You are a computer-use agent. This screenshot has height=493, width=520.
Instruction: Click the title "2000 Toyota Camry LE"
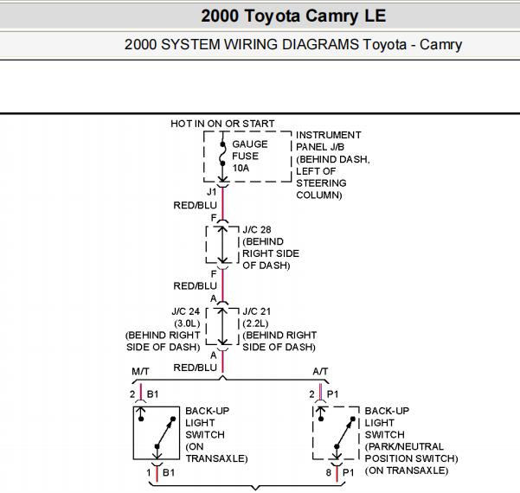[293, 16]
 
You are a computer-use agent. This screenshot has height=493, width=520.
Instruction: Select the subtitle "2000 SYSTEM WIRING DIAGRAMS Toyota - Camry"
[293, 44]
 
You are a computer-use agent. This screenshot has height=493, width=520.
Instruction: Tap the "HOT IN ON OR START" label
[222, 124]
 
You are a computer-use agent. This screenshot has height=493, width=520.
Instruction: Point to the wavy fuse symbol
[222, 154]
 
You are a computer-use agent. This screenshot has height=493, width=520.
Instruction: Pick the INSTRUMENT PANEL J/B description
[332, 165]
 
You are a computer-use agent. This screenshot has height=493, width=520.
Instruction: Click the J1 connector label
[212, 192]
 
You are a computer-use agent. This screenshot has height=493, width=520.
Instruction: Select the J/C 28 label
[257, 229]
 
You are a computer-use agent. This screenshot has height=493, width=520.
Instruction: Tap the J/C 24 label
[186, 311]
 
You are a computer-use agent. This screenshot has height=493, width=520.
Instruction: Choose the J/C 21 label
[257, 311]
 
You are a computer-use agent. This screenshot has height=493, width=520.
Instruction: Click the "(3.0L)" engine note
[187, 323]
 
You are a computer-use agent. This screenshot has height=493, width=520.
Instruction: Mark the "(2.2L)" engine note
[255, 323]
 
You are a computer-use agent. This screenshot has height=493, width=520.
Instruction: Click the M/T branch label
[140, 371]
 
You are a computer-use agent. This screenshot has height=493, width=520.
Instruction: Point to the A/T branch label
[320, 371]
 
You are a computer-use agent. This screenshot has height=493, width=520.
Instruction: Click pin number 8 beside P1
[328, 472]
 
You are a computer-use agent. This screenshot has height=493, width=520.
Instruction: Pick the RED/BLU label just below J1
[195, 205]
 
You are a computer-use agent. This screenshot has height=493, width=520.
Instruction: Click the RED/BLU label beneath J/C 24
[195, 368]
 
